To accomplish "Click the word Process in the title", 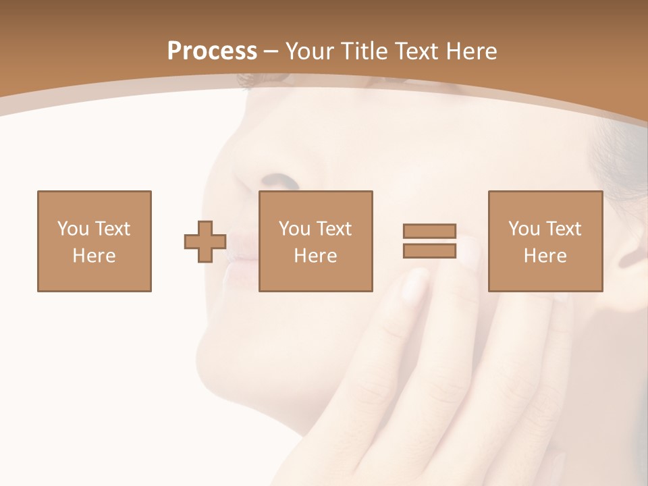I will click(212, 51).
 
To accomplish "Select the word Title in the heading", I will click(363, 51).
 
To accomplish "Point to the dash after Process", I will click(271, 52).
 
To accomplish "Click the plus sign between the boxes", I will click(205, 241).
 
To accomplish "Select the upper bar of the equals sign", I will click(430, 231).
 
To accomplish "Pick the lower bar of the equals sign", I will click(430, 250).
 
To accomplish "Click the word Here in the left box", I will click(94, 256).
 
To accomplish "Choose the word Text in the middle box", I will click(334, 229).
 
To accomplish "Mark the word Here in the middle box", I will click(315, 256).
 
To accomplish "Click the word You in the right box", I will click(524, 229).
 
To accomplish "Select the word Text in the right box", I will click(564, 229).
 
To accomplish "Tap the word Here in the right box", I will click(545, 256).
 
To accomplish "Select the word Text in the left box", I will click(113, 229).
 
